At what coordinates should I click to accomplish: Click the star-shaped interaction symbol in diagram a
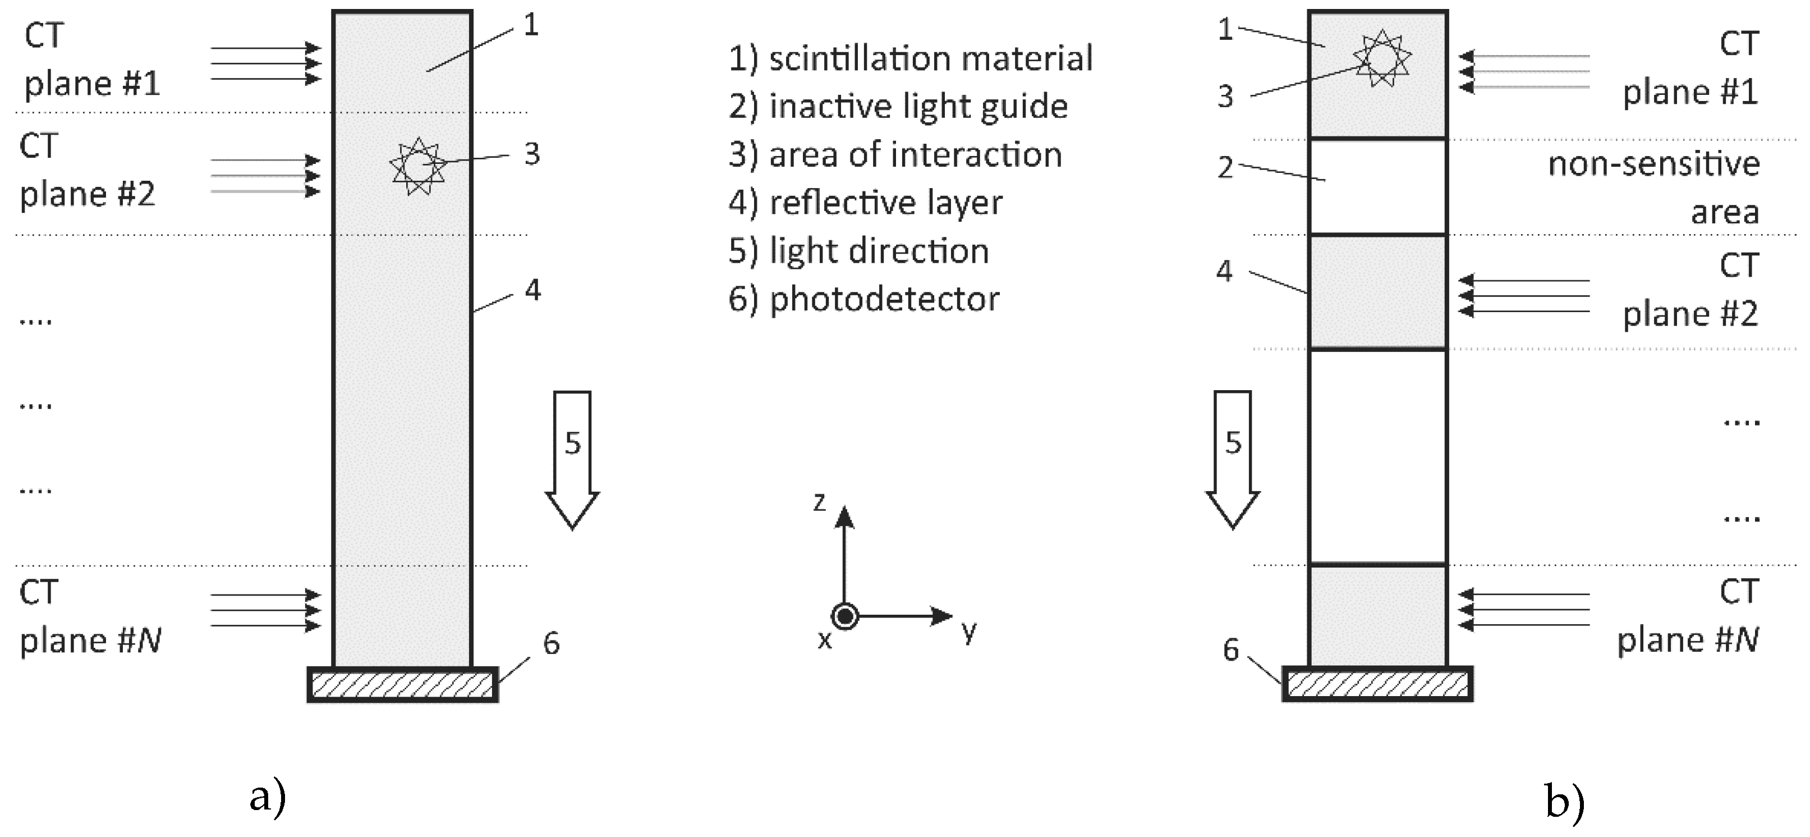click(417, 167)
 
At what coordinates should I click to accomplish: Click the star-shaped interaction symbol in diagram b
click(1382, 58)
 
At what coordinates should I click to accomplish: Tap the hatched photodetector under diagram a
click(403, 684)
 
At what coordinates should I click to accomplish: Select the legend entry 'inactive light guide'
click(898, 107)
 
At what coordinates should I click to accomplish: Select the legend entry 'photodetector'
click(863, 299)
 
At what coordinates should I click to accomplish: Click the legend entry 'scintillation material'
click(910, 58)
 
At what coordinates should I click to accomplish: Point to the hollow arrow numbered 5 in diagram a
click(572, 457)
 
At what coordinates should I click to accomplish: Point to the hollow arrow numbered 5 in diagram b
click(1233, 457)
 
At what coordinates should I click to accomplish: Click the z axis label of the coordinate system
click(819, 502)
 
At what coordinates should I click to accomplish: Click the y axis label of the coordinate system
click(969, 630)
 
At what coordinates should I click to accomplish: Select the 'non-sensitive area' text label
click(1653, 187)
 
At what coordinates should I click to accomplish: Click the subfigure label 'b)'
click(1565, 801)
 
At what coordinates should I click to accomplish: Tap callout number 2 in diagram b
click(1225, 168)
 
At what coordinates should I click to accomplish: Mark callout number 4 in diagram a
click(532, 290)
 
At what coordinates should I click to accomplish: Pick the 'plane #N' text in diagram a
click(91, 640)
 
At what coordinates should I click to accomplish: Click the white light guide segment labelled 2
click(1377, 187)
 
